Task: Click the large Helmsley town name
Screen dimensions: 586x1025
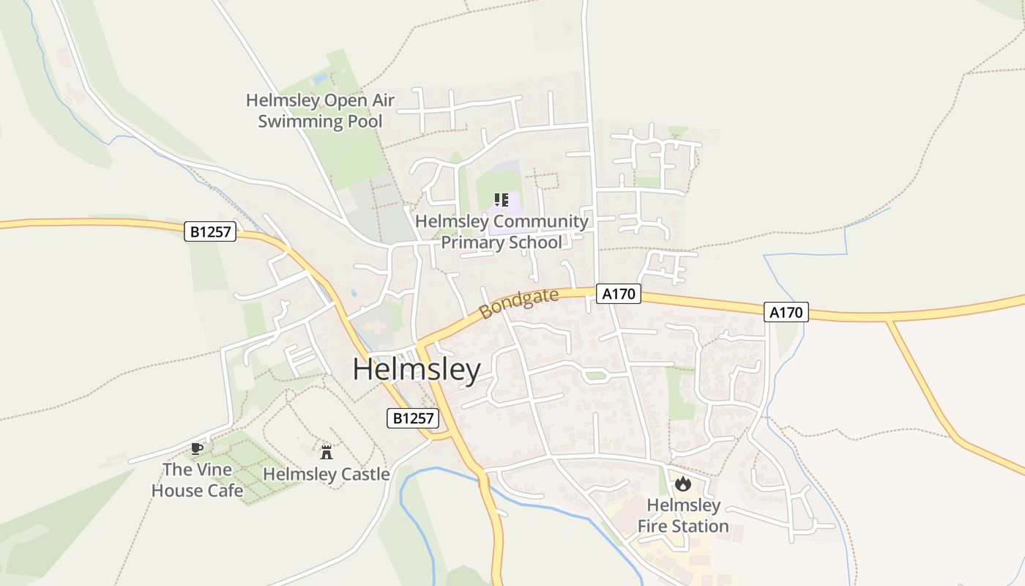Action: click(416, 370)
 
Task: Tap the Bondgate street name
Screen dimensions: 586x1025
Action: click(518, 303)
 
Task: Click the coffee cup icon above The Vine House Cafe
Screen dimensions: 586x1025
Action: click(196, 448)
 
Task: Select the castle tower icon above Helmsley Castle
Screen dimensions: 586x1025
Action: click(327, 452)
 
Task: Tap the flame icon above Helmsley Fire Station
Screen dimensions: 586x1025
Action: click(683, 483)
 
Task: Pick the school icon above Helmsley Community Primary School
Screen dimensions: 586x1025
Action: click(501, 200)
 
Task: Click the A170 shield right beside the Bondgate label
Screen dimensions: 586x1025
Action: click(619, 294)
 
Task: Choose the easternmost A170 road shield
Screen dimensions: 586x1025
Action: click(786, 312)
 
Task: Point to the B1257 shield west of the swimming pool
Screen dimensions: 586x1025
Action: click(210, 232)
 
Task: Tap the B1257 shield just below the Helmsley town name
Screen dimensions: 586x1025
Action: click(413, 418)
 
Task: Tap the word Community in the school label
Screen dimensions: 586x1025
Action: click(540, 221)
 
